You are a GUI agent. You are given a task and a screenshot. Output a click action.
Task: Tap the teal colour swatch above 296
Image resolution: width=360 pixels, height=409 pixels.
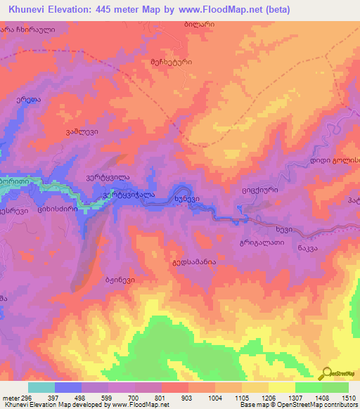[41, 387]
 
